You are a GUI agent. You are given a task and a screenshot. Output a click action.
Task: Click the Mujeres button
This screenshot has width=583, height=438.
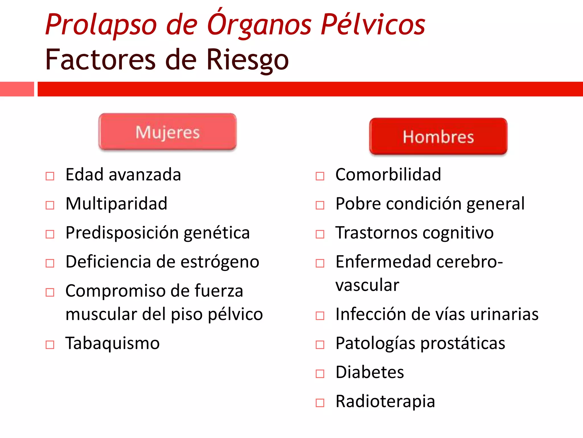point(167,132)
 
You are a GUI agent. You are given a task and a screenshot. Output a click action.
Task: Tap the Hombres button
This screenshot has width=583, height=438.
point(438,137)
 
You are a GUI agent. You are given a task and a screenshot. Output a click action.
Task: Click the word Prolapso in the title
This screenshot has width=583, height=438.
point(101,25)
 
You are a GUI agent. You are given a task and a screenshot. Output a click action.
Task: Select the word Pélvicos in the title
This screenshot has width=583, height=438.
point(373,25)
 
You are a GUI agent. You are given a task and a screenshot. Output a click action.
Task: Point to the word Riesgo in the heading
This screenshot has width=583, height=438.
point(247,60)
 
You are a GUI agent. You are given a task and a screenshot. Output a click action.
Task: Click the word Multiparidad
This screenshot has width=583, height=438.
point(116,204)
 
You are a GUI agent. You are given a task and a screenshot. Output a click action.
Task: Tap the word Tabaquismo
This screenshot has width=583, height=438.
point(112,343)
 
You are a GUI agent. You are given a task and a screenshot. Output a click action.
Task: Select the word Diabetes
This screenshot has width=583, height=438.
point(369,372)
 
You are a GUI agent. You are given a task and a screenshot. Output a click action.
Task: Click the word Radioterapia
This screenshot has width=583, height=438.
point(385,401)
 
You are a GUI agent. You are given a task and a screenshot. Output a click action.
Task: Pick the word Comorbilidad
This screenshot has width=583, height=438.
point(388,175)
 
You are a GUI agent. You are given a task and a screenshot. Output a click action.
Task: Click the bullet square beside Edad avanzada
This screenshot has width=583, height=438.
point(50,176)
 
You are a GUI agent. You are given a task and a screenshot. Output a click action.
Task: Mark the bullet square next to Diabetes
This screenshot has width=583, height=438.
point(320,374)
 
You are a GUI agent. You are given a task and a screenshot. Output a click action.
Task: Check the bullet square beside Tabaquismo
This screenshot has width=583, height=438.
point(50,344)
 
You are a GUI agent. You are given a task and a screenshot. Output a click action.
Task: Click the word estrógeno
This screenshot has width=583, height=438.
point(220,262)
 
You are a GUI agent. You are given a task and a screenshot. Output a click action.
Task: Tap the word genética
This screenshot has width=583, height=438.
point(217,233)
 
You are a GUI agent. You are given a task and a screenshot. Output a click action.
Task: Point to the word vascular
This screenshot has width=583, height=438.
point(367,285)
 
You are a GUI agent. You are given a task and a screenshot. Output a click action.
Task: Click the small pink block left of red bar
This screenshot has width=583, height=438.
point(17,89)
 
